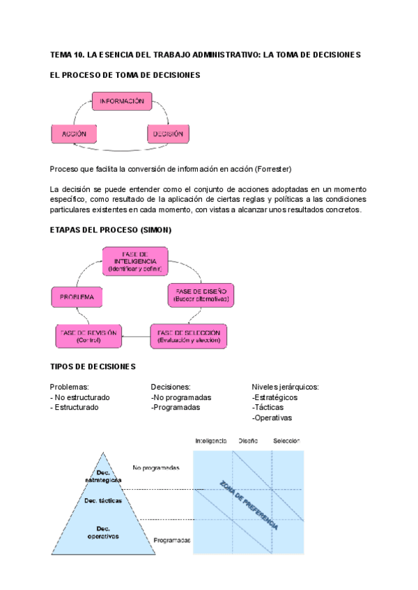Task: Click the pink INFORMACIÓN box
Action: [x=122, y=102]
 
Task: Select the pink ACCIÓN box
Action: [x=73, y=133]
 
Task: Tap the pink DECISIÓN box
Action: [x=168, y=133]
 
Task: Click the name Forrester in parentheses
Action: [x=274, y=169]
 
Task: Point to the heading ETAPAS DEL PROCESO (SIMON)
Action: [x=111, y=230]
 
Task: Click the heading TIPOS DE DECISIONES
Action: [x=93, y=367]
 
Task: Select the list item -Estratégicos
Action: [x=274, y=397]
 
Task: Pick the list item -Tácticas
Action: [x=270, y=408]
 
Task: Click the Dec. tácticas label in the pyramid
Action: [x=103, y=500]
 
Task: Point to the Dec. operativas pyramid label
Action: [x=102, y=532]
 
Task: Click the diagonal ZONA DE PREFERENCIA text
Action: [x=249, y=504]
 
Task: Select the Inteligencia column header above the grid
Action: [x=211, y=441]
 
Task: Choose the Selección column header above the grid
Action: [x=286, y=441]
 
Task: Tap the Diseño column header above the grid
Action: [x=248, y=441]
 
